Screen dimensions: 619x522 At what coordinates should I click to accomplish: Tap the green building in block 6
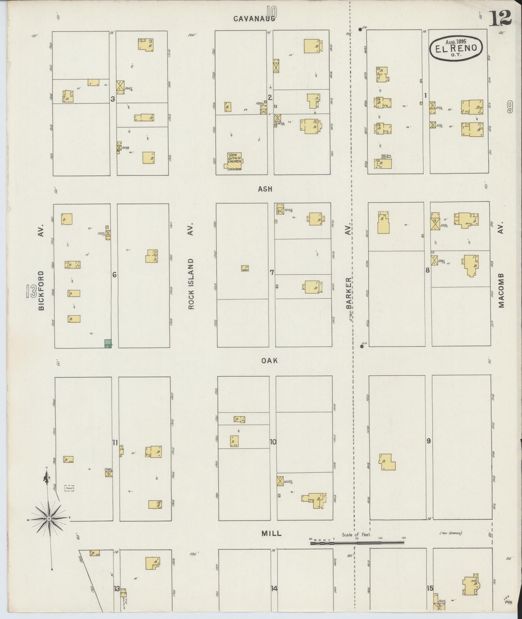point(108,343)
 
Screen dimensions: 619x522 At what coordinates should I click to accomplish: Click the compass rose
point(49,518)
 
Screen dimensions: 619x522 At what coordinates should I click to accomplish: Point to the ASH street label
point(265,189)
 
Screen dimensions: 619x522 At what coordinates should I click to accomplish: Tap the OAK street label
point(270,360)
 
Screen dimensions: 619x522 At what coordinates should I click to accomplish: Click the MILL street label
point(271,534)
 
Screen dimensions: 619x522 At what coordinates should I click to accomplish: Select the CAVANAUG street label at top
point(254,19)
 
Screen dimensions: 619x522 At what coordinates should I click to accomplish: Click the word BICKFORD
point(41,291)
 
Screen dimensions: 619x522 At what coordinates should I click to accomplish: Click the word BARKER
point(348,293)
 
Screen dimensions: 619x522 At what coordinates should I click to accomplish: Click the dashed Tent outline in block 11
point(69,488)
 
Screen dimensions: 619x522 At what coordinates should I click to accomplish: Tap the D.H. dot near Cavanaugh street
point(360,29)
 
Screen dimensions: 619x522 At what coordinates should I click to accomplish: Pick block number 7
point(272,272)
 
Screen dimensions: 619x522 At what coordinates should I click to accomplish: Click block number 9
point(428,441)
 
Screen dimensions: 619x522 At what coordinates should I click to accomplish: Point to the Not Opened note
point(450,533)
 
